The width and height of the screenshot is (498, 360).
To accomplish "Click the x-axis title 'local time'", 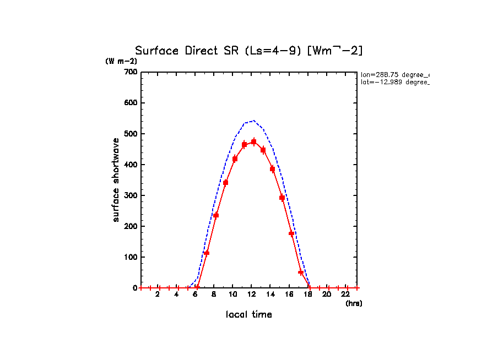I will click(x=249, y=314).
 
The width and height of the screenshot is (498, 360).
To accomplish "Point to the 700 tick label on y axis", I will click(x=131, y=72).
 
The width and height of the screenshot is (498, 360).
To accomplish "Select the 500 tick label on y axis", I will click(x=131, y=134).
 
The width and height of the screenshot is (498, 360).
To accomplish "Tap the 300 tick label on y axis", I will click(x=131, y=195).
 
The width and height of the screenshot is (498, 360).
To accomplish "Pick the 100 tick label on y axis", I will click(x=131, y=257).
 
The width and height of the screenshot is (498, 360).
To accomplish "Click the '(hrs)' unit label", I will click(x=354, y=303).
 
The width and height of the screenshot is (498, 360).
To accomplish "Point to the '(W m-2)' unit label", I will click(x=121, y=61).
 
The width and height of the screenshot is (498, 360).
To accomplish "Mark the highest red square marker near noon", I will click(x=253, y=142).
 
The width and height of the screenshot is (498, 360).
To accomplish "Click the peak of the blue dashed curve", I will click(x=253, y=121).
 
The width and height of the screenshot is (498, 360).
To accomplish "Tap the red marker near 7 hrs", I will click(x=207, y=253).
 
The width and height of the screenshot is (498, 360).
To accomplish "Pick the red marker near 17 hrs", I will click(x=301, y=272).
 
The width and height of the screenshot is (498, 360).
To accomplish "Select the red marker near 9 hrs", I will click(x=225, y=182).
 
